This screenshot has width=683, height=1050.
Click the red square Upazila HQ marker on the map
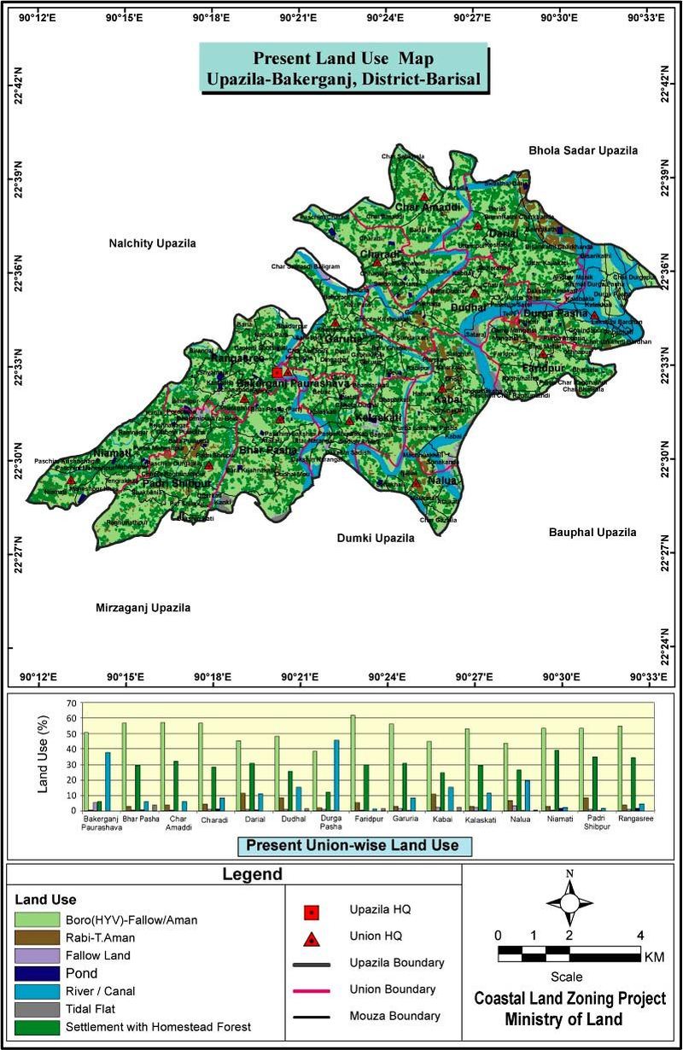[x=277, y=372]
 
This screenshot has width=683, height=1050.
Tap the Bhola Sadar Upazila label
[x=583, y=150]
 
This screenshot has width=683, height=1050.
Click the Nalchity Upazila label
[x=152, y=243]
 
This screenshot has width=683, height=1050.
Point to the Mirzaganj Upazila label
[x=142, y=608]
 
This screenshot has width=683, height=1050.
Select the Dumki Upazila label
[x=375, y=539]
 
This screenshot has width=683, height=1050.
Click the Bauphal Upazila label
[x=592, y=532]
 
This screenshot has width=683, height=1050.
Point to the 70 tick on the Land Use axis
[x=71, y=703]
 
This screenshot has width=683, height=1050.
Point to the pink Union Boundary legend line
[x=312, y=990]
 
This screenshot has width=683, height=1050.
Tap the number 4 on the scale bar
[x=639, y=934]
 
